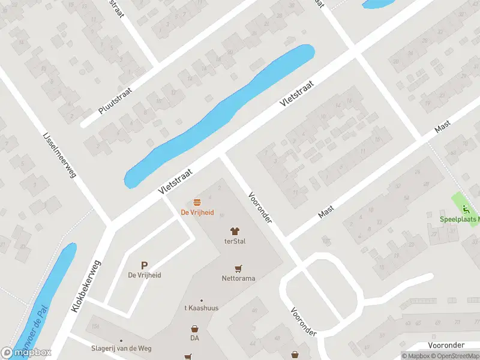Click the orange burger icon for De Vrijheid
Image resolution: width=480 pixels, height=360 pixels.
(x=197, y=202)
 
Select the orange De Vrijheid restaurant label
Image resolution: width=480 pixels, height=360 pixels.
(x=197, y=212)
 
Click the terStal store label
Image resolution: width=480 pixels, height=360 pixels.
(x=235, y=241)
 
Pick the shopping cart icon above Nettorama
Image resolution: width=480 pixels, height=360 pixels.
(x=239, y=268)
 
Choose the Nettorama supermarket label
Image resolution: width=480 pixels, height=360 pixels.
(x=239, y=278)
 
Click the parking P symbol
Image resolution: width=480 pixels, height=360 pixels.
(x=144, y=265)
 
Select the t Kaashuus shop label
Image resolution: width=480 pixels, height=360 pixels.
(x=202, y=308)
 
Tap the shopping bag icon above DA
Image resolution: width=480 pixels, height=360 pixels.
(x=194, y=329)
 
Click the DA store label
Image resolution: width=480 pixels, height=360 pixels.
(x=194, y=338)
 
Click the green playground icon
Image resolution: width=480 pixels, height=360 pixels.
(x=466, y=209)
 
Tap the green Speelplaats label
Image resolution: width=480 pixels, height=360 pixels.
(x=460, y=220)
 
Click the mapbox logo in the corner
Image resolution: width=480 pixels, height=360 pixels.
(x=26, y=353)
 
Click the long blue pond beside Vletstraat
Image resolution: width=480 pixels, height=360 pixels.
(x=222, y=114)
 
